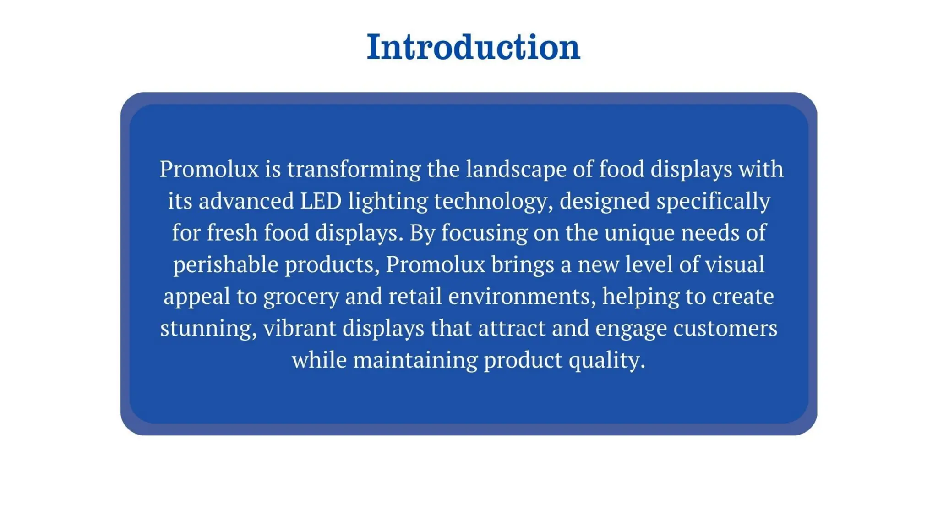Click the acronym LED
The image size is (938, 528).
[x=321, y=201]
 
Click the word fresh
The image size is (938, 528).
[x=232, y=232]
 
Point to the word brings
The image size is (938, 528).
[x=523, y=265]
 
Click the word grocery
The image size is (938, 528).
[x=301, y=297]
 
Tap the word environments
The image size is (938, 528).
[x=522, y=296]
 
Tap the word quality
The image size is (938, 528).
[x=607, y=360]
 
